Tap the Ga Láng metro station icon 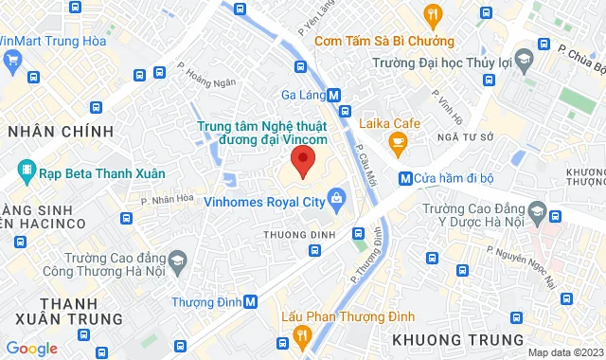(334, 95)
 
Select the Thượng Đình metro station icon (250, 302)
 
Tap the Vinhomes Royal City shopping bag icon (336, 198)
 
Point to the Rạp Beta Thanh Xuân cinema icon (27, 173)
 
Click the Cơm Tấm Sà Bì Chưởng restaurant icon (433, 13)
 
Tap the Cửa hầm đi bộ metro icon (404, 177)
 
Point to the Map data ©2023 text (564, 352)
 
